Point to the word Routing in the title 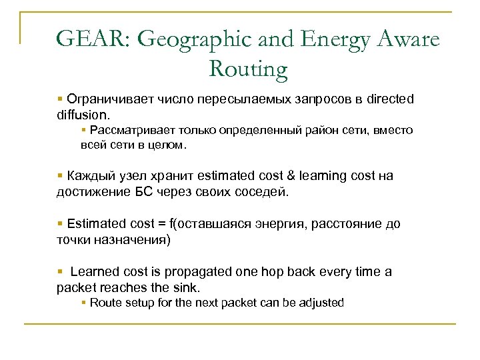248,68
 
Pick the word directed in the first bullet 391,99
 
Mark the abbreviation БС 147,192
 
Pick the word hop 257,272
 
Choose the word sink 184,288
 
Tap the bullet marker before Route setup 83,303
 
